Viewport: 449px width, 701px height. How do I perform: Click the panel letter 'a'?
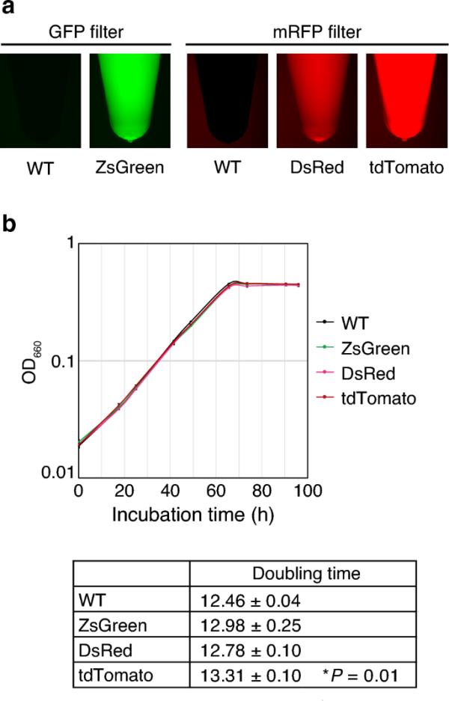10,9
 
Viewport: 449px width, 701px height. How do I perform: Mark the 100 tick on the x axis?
308,491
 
